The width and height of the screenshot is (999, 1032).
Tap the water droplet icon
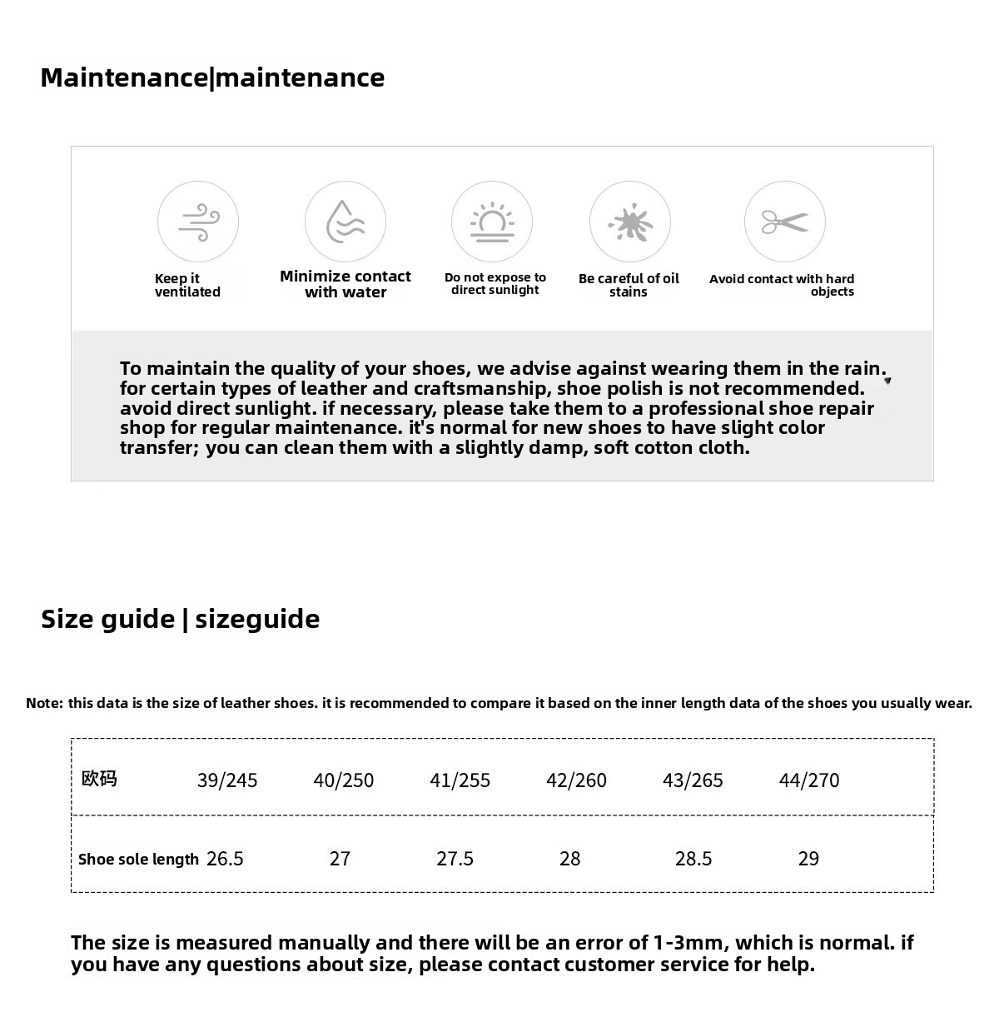(x=345, y=222)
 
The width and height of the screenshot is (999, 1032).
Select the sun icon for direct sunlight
(x=492, y=222)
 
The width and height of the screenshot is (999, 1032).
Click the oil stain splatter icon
(x=630, y=222)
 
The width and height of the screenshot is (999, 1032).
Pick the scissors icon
(x=785, y=222)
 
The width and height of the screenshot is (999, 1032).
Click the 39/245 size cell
(x=226, y=780)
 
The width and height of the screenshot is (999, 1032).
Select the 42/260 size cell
(x=576, y=780)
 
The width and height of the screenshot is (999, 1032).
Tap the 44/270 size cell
(x=808, y=780)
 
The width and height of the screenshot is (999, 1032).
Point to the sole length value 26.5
(x=225, y=859)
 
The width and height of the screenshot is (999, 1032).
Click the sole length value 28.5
(x=693, y=859)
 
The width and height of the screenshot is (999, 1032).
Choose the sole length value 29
(x=808, y=859)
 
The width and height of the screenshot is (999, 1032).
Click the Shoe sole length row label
(x=138, y=859)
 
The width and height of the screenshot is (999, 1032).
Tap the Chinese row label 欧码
(x=99, y=779)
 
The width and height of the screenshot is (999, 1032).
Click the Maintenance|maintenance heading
(x=212, y=77)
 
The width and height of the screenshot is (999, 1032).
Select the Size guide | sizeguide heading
(x=180, y=619)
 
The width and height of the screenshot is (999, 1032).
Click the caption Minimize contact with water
(x=345, y=284)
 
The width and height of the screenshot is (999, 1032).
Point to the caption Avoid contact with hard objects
(x=782, y=285)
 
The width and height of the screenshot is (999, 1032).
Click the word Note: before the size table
(x=44, y=703)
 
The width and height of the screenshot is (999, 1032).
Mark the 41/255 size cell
(x=460, y=780)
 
